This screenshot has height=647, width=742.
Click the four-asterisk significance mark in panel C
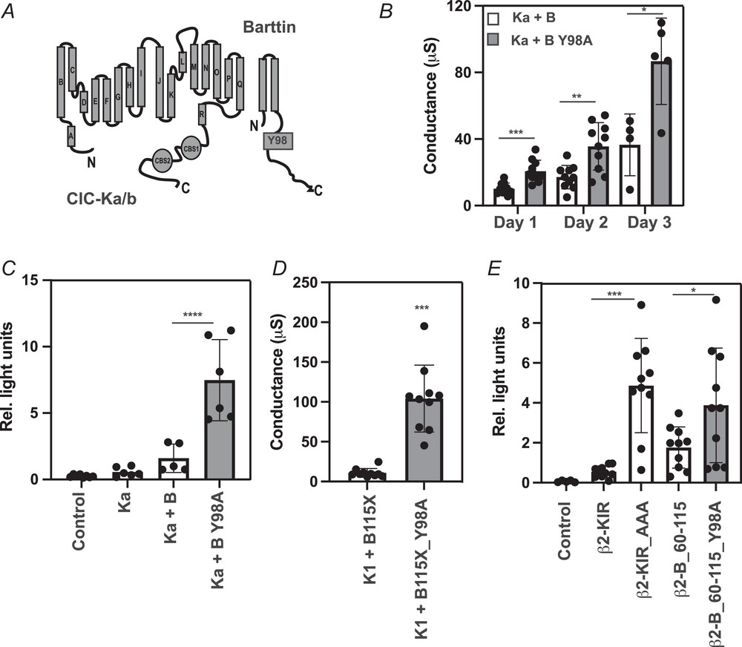tap(192, 315)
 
